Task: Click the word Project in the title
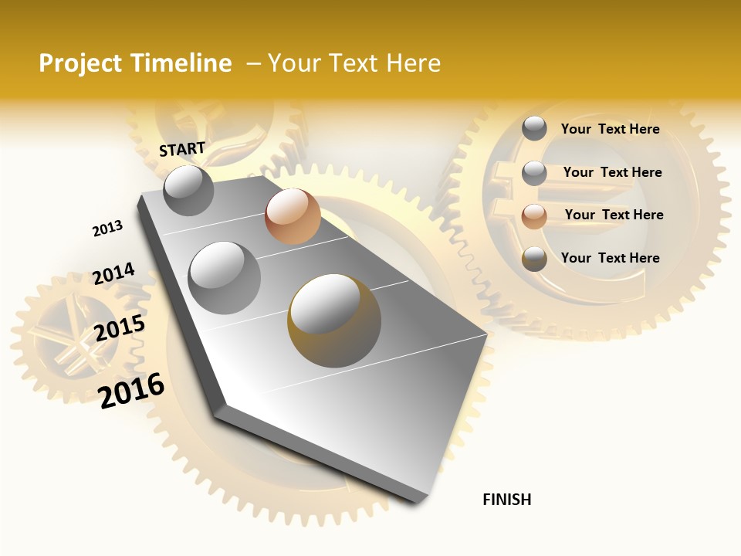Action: pyautogui.click(x=78, y=63)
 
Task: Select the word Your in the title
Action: pyautogui.click(x=295, y=63)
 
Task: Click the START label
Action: pyautogui.click(x=182, y=149)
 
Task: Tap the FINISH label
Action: pyautogui.click(x=507, y=500)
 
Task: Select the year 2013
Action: pyautogui.click(x=107, y=229)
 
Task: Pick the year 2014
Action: pyautogui.click(x=113, y=274)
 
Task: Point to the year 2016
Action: pyautogui.click(x=131, y=390)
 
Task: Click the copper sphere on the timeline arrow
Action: pyautogui.click(x=293, y=216)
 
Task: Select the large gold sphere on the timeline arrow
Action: pyautogui.click(x=334, y=320)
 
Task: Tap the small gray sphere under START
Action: pyautogui.click(x=188, y=190)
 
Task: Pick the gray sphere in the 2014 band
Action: pyautogui.click(x=224, y=277)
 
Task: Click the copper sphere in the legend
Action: pyautogui.click(x=534, y=215)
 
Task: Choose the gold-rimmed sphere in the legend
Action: pyautogui.click(x=534, y=259)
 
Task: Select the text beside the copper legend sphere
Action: pyautogui.click(x=614, y=215)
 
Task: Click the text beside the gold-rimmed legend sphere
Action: pyautogui.click(x=610, y=258)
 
